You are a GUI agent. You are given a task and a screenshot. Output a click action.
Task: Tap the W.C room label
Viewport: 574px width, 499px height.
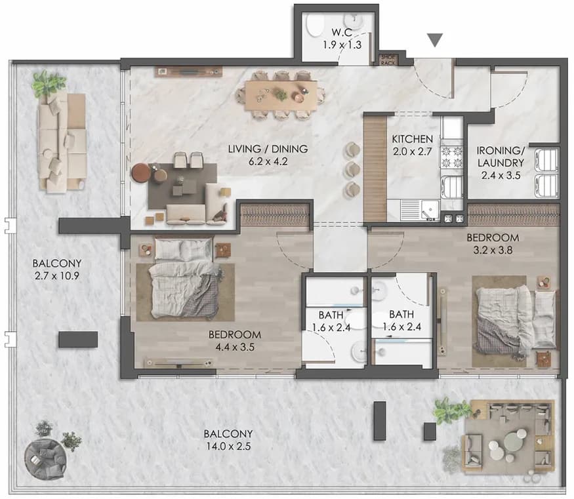(342, 32)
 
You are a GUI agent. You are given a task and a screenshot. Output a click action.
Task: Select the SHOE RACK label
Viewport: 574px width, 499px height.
(388, 60)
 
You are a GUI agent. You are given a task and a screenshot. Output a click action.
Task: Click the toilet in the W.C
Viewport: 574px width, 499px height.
(314, 26)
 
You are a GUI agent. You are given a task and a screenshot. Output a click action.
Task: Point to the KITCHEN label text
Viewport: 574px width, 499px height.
(412, 139)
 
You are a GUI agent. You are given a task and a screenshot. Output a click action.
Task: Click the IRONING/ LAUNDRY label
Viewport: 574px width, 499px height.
(501, 157)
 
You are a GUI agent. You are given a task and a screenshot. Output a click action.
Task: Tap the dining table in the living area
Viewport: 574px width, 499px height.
(281, 95)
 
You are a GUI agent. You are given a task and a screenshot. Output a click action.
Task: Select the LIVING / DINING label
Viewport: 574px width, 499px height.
(268, 149)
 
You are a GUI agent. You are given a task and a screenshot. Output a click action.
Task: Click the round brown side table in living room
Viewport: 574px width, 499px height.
(141, 172)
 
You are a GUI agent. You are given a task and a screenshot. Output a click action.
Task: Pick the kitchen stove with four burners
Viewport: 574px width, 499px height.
(452, 157)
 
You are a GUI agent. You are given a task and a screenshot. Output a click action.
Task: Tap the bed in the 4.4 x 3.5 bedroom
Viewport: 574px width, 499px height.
(184, 277)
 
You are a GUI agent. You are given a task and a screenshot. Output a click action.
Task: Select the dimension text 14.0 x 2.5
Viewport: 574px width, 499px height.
(228, 447)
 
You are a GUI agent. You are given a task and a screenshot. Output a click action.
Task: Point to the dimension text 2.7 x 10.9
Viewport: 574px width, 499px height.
(56, 275)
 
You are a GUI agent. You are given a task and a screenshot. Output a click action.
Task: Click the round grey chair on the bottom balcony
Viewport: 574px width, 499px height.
(45, 460)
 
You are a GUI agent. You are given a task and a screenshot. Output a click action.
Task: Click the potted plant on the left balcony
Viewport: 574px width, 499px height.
(48, 84)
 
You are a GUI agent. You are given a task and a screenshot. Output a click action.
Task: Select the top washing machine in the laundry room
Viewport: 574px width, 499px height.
(546, 160)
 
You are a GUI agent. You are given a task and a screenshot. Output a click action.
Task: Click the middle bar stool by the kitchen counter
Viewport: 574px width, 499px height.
(352, 169)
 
